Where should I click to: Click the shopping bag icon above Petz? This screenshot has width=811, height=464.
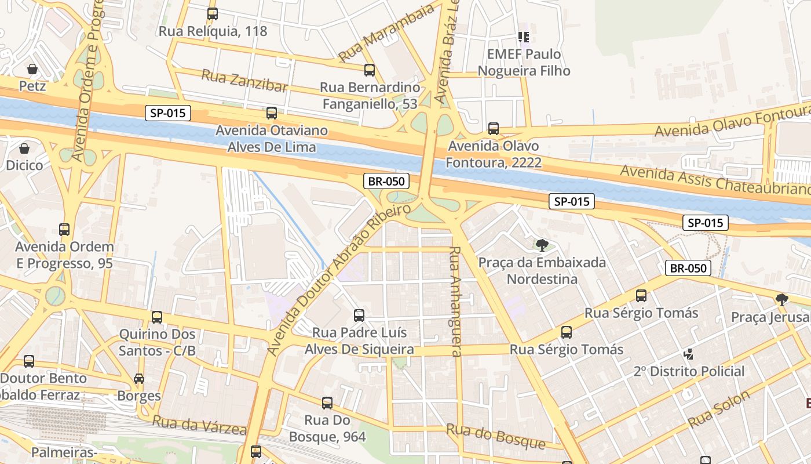point(32,69)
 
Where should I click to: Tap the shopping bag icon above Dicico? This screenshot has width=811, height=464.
point(24,148)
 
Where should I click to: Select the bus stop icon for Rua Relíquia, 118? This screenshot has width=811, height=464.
point(213,13)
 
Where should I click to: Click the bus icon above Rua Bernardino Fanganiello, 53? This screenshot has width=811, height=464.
point(370,70)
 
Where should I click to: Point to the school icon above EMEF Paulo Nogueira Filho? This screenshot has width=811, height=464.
point(524,37)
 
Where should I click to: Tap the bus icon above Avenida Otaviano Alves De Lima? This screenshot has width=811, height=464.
point(272,113)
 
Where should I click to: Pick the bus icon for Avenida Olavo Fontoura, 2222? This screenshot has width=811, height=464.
point(494,128)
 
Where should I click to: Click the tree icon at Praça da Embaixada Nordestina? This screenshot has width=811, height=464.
point(542,245)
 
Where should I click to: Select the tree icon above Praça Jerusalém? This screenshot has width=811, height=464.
point(782,300)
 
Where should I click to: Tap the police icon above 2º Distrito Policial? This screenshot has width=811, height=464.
point(689,354)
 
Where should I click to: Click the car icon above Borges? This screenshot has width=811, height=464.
point(139,379)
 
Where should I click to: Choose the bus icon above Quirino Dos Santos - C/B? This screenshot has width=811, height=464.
point(157,317)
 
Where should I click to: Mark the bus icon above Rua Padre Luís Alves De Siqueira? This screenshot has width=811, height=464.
point(359,316)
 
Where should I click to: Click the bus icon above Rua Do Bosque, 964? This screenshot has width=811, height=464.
point(327,403)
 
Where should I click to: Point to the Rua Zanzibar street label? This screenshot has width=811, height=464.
point(244,81)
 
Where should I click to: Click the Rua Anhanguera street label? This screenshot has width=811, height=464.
point(455,302)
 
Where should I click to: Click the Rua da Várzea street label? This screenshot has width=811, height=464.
point(199,425)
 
